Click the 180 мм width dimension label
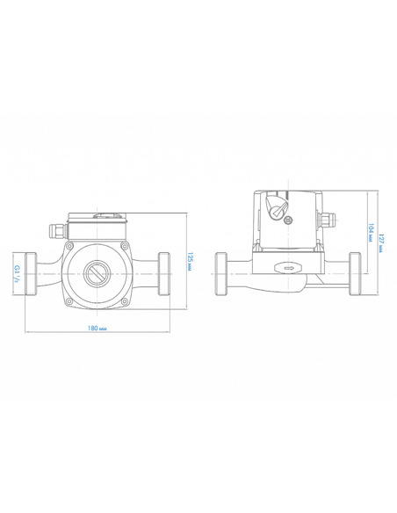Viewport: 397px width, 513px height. click(x=97, y=328)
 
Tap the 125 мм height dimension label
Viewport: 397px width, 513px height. click(x=190, y=262)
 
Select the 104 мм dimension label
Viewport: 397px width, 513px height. click(x=371, y=233)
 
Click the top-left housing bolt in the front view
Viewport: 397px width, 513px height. click(x=69, y=246)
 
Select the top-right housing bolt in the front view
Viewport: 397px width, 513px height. click(x=124, y=246)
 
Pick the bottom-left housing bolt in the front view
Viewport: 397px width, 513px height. click(x=69, y=300)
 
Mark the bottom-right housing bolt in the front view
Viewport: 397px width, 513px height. click(x=124, y=300)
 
